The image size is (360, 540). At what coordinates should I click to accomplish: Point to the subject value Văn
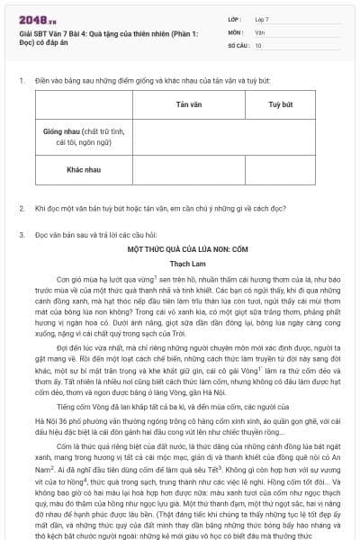[x=259, y=31]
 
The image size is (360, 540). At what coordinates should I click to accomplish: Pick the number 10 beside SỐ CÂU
[x=258, y=44]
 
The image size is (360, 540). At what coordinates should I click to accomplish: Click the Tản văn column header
[x=188, y=104]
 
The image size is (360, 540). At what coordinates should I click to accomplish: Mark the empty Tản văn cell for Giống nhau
[x=188, y=136]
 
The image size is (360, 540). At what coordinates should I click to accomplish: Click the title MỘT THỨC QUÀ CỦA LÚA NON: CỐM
[x=180, y=246]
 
